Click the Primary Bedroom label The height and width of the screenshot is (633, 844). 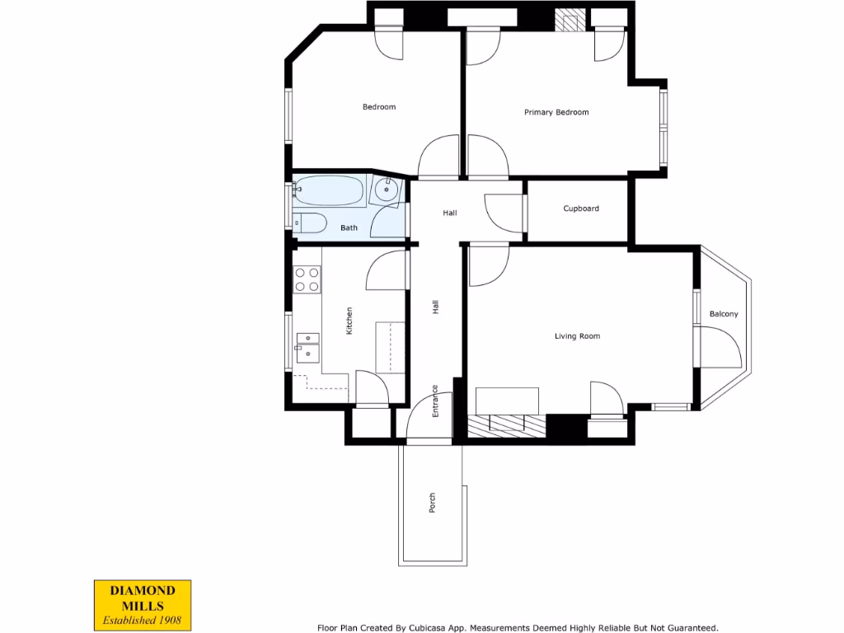[x=556, y=112]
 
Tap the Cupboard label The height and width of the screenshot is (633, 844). [x=581, y=209]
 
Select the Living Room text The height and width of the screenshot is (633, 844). [x=577, y=336]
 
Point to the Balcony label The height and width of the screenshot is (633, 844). [x=724, y=314]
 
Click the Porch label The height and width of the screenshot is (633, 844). [x=432, y=503]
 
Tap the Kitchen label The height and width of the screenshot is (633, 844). [x=349, y=320]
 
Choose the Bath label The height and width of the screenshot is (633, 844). [x=349, y=227]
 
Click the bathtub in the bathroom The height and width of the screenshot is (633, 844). [x=328, y=190]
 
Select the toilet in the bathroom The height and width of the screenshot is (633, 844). [x=310, y=223]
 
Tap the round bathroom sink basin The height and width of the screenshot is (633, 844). [x=386, y=191]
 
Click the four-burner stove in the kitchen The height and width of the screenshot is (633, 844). [x=307, y=279]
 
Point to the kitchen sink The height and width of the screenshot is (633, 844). [x=307, y=347]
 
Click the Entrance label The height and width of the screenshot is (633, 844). [x=435, y=401]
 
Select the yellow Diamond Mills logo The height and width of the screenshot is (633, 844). [x=141, y=604]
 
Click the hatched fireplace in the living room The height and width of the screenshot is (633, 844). [x=506, y=424]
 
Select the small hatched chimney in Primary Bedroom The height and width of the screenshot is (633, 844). [x=568, y=20]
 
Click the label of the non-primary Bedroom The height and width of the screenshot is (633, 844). [x=379, y=107]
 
